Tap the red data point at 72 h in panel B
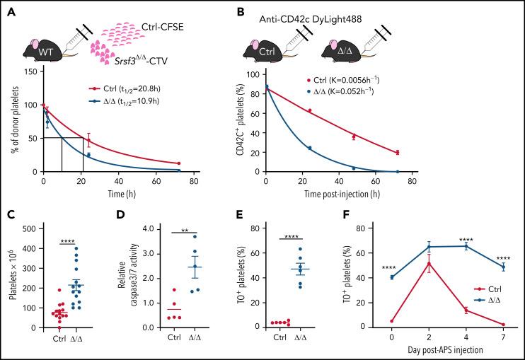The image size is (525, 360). (x=398, y=153)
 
